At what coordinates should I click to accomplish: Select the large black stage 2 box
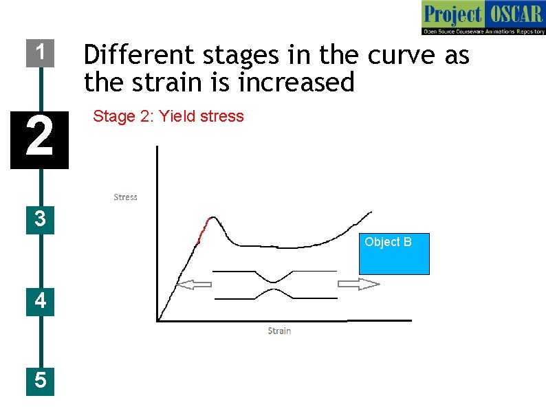point(39,139)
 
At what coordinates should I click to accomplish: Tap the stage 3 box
point(40,219)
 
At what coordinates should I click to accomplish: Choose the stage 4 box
point(40,301)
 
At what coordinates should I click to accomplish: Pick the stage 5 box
point(40,380)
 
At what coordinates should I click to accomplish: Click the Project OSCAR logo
point(483,18)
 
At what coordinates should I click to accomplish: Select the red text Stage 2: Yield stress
point(168,116)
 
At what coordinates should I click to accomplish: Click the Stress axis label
point(125,197)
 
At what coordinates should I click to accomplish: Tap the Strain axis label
point(279,331)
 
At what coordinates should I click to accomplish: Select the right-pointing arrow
point(358,285)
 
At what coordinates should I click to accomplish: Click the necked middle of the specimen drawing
point(274,285)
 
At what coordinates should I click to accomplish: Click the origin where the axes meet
point(158,320)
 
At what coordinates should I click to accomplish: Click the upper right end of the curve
point(371,212)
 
